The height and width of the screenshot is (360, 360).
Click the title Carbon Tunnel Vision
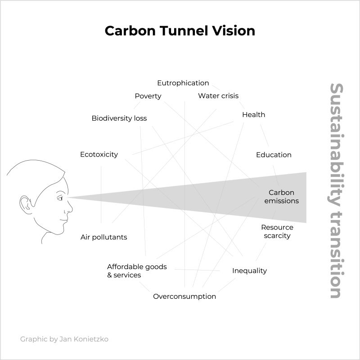(x=180, y=31)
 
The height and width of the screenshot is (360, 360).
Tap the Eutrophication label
(x=183, y=83)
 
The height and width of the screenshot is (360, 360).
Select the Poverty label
(x=148, y=96)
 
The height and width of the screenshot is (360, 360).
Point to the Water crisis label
(x=218, y=96)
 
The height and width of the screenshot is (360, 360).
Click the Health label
(x=253, y=115)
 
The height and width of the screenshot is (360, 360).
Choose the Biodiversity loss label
(x=119, y=118)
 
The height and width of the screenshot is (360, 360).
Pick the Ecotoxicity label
(x=99, y=154)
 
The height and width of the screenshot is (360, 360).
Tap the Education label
(x=274, y=155)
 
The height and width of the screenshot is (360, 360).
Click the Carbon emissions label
(x=281, y=197)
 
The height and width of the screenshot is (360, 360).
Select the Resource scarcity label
(x=277, y=232)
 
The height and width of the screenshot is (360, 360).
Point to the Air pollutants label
(x=103, y=237)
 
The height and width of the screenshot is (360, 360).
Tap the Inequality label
(x=249, y=271)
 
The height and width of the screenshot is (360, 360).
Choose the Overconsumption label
(x=184, y=297)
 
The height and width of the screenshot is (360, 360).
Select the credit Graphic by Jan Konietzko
(x=64, y=339)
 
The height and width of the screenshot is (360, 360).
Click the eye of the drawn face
(x=60, y=198)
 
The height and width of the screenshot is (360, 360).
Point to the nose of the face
(x=70, y=208)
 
